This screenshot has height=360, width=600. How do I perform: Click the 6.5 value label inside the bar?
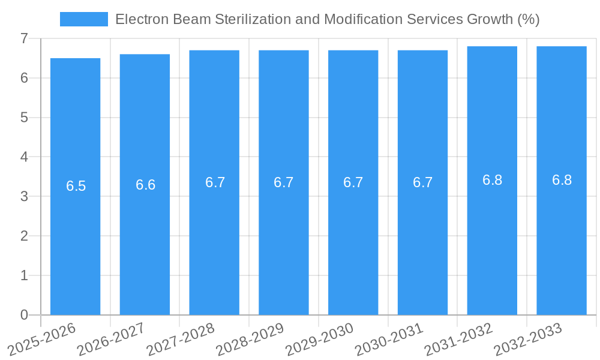pyautogui.click(x=76, y=186)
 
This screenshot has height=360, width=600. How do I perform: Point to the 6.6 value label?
pyautogui.click(x=146, y=185)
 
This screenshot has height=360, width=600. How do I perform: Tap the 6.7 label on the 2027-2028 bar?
pyautogui.click(x=215, y=182)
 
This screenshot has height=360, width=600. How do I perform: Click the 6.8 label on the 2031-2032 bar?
pyautogui.click(x=492, y=180)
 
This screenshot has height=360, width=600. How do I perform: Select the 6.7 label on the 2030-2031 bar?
pyautogui.click(x=422, y=182)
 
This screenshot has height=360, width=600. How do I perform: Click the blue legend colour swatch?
pyautogui.click(x=83, y=19)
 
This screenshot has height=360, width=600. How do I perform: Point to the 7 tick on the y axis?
pyautogui.click(x=24, y=38)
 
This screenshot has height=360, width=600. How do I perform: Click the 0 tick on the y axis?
pyautogui.click(x=24, y=315)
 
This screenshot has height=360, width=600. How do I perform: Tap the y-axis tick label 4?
pyautogui.click(x=24, y=157)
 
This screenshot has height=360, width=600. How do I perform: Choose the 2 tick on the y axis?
pyautogui.click(x=24, y=236)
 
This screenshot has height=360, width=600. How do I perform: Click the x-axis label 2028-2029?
pyautogui.click(x=250, y=339)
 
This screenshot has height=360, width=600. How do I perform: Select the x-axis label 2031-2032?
pyautogui.click(x=459, y=339)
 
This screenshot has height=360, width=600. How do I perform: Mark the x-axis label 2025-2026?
pyautogui.click(x=42, y=339)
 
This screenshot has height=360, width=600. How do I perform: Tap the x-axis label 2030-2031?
pyautogui.click(x=389, y=339)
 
